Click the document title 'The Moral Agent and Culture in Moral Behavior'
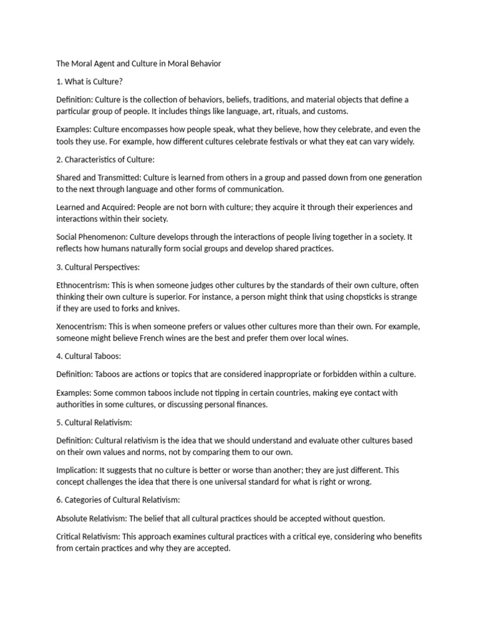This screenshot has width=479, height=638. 138,64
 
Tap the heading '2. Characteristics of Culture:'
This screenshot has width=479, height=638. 105,159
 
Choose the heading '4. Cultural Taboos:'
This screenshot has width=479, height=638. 89,356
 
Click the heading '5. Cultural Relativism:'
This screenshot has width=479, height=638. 94,422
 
